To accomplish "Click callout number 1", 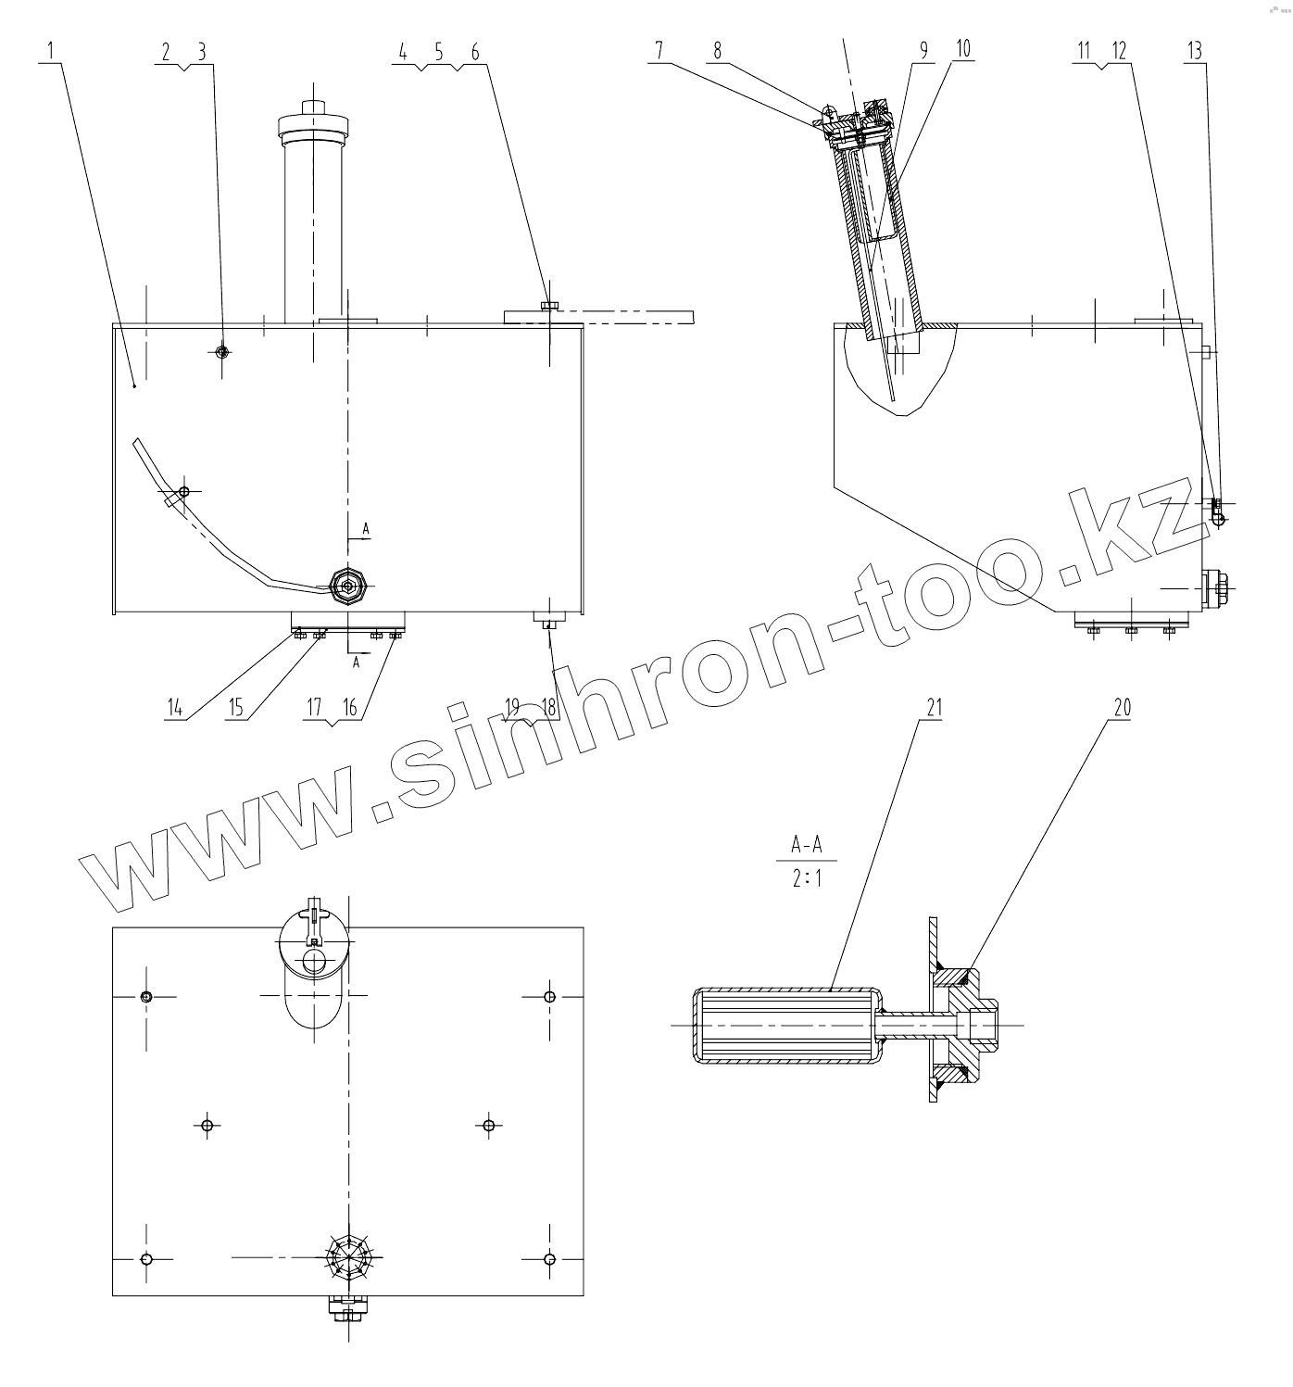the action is coord(52,52).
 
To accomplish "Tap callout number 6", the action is coord(475,52).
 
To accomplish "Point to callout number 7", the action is coord(659,51).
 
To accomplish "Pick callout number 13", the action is coord(1195,52).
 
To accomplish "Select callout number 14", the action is coord(175,708).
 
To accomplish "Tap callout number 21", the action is coord(933,708).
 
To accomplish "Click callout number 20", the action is coord(1122,708).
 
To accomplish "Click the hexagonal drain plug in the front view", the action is coord(350,584).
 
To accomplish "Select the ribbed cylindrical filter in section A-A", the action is coord(785,1026).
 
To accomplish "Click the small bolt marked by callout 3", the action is coord(221,352).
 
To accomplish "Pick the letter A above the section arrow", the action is coord(366,528).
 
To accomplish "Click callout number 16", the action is coord(349,708).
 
